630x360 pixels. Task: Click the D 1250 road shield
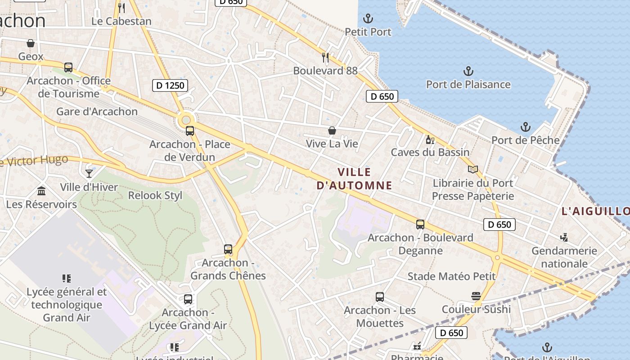pos(170,85)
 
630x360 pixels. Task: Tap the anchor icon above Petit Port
pos(368,19)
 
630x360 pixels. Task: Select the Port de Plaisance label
pos(468,84)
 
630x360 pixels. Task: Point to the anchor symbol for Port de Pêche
pos(525,127)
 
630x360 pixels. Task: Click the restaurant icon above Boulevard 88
pos(325,58)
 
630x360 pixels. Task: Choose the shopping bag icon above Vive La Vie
pos(332,130)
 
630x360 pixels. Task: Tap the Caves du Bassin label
pos(430,152)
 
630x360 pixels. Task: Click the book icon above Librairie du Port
pos(472,170)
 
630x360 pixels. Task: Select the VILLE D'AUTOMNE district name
pos(354,178)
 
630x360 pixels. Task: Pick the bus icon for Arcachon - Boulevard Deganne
pos(420,224)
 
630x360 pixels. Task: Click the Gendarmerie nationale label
pos(564,257)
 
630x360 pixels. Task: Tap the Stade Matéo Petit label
pos(451,276)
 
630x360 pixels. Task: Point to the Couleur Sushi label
pos(476,309)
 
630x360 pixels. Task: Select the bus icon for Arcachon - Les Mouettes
pos(380,297)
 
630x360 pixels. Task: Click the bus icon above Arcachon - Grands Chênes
pos(228,249)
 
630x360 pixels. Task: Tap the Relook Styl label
pos(155,195)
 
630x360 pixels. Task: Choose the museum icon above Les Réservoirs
pos(41,191)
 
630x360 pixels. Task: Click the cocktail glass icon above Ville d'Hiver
pos(89,173)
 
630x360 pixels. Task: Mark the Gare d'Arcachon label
pos(97,112)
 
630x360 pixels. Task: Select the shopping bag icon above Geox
pos(31,43)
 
